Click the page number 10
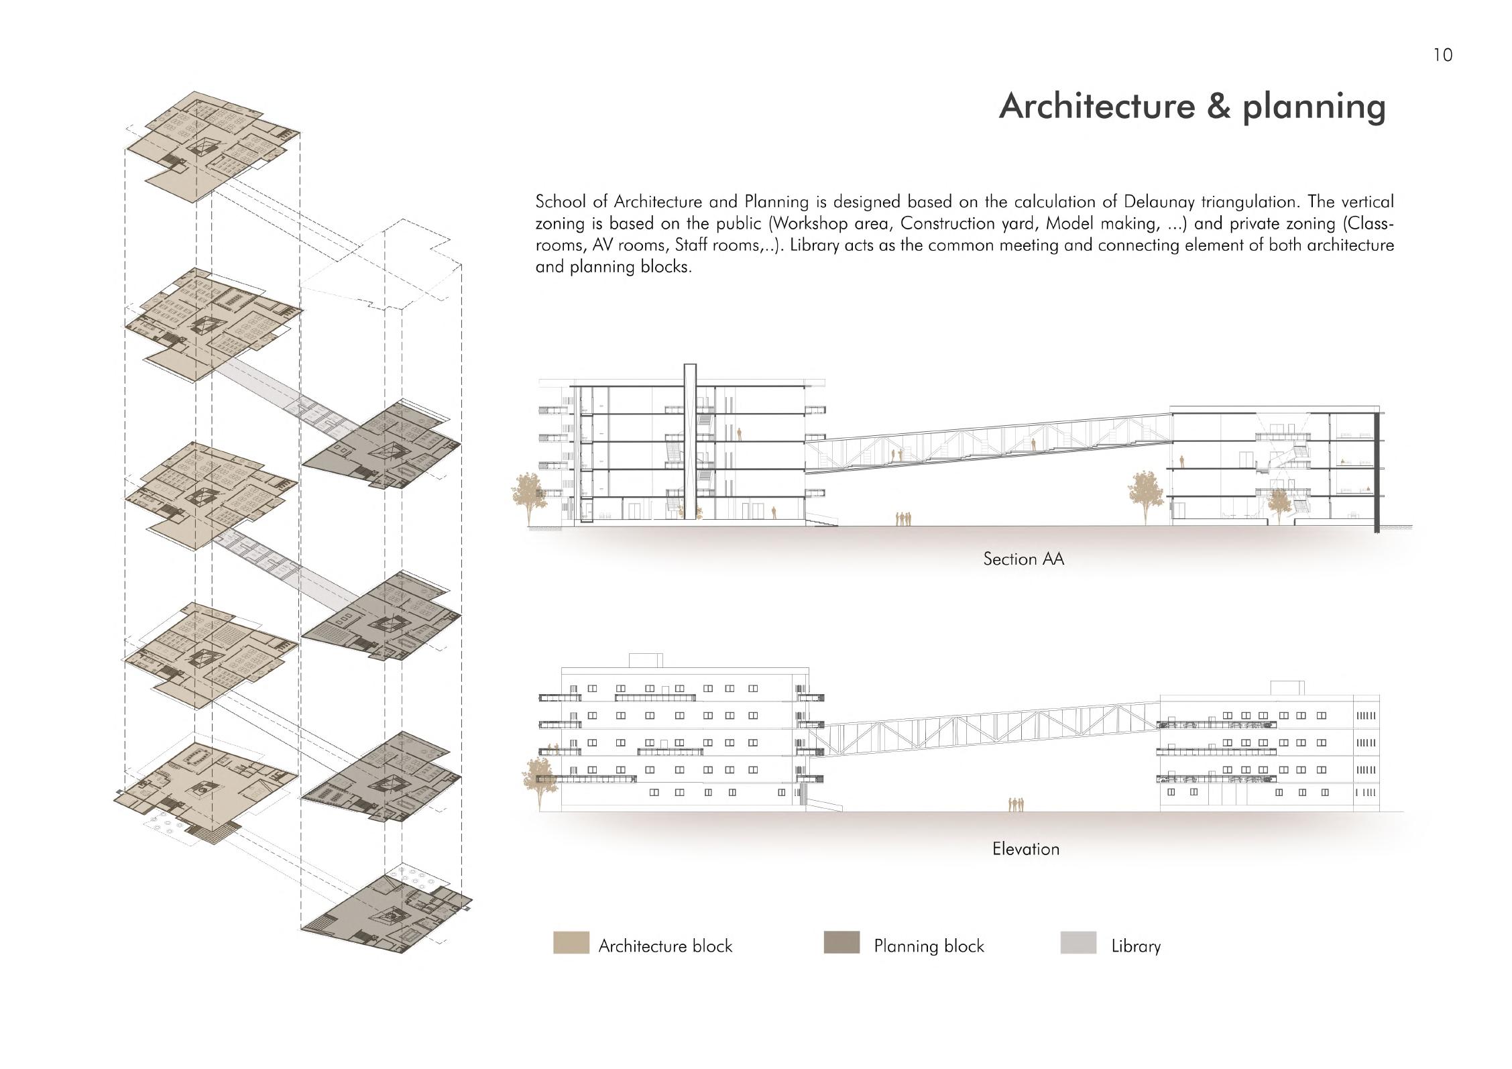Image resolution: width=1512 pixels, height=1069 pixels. click(1442, 55)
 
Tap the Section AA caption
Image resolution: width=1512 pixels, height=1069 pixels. click(1023, 559)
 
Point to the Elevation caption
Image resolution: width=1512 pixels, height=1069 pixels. click(1025, 849)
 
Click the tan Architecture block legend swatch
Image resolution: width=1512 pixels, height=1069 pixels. click(571, 943)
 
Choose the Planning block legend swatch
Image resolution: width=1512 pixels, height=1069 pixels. click(841, 943)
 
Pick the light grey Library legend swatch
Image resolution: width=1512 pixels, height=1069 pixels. click(1078, 943)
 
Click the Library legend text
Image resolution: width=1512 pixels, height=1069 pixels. click(1135, 946)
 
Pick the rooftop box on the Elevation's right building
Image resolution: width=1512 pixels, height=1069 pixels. click(1287, 688)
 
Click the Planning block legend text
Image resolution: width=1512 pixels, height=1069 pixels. click(929, 946)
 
